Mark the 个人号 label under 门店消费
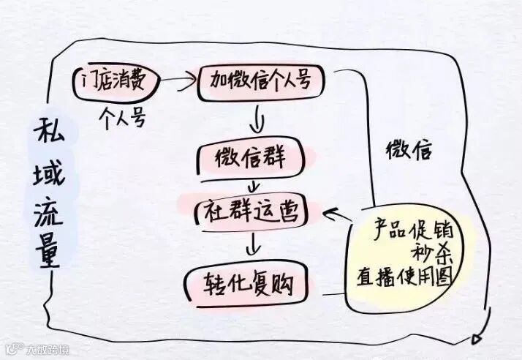coord(122,117)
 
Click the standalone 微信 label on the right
coord(409,152)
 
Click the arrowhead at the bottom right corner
coord(478,337)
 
